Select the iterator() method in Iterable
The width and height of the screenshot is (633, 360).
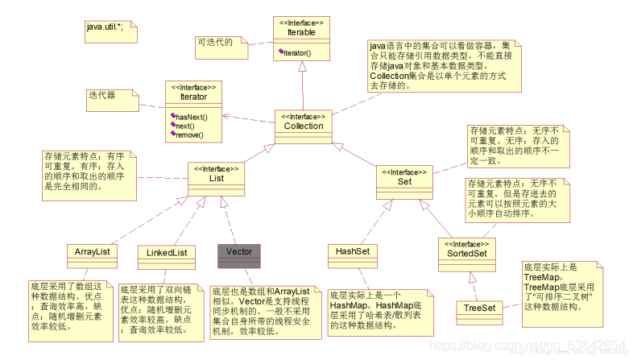pos(297,53)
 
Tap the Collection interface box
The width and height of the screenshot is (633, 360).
pos(304,127)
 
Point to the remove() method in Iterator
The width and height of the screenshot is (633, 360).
pos(188,135)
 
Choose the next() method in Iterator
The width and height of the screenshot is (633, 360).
pos(186,126)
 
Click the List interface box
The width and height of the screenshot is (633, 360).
pos(216,178)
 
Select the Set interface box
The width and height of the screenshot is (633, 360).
pos(404,182)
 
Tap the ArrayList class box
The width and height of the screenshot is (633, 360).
pos(93,252)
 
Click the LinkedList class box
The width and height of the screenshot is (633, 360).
pos(168,252)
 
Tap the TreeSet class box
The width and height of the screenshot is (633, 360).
pos(479,308)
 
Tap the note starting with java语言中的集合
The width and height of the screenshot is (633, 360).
pos(439,65)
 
